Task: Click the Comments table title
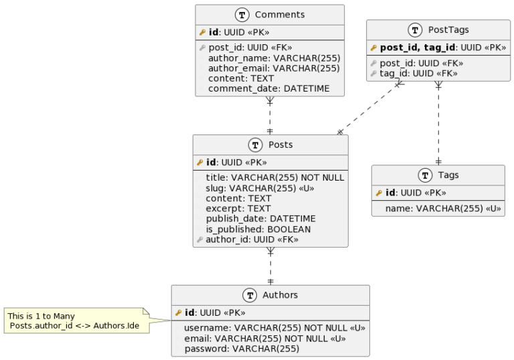coord(280,15)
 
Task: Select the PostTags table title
coord(448,30)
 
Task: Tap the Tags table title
coord(448,175)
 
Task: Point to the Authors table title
coord(280,295)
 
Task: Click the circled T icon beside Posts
coord(256,145)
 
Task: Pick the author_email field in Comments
coord(274,68)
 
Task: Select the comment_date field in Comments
coord(269,88)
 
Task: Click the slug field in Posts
coord(260,188)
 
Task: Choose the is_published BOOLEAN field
coord(258,229)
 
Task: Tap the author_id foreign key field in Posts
coord(252,240)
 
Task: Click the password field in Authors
coord(242,349)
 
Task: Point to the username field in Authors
coord(274,328)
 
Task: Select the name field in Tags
coord(443,209)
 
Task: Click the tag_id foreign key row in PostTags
coord(418,74)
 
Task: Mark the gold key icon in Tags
coord(379,193)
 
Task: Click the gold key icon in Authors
coord(178,312)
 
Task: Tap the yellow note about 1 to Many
coord(77,321)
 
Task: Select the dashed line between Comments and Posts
coord(270,115)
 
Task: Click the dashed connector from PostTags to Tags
coord(438,123)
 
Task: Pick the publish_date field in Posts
coord(260,219)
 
